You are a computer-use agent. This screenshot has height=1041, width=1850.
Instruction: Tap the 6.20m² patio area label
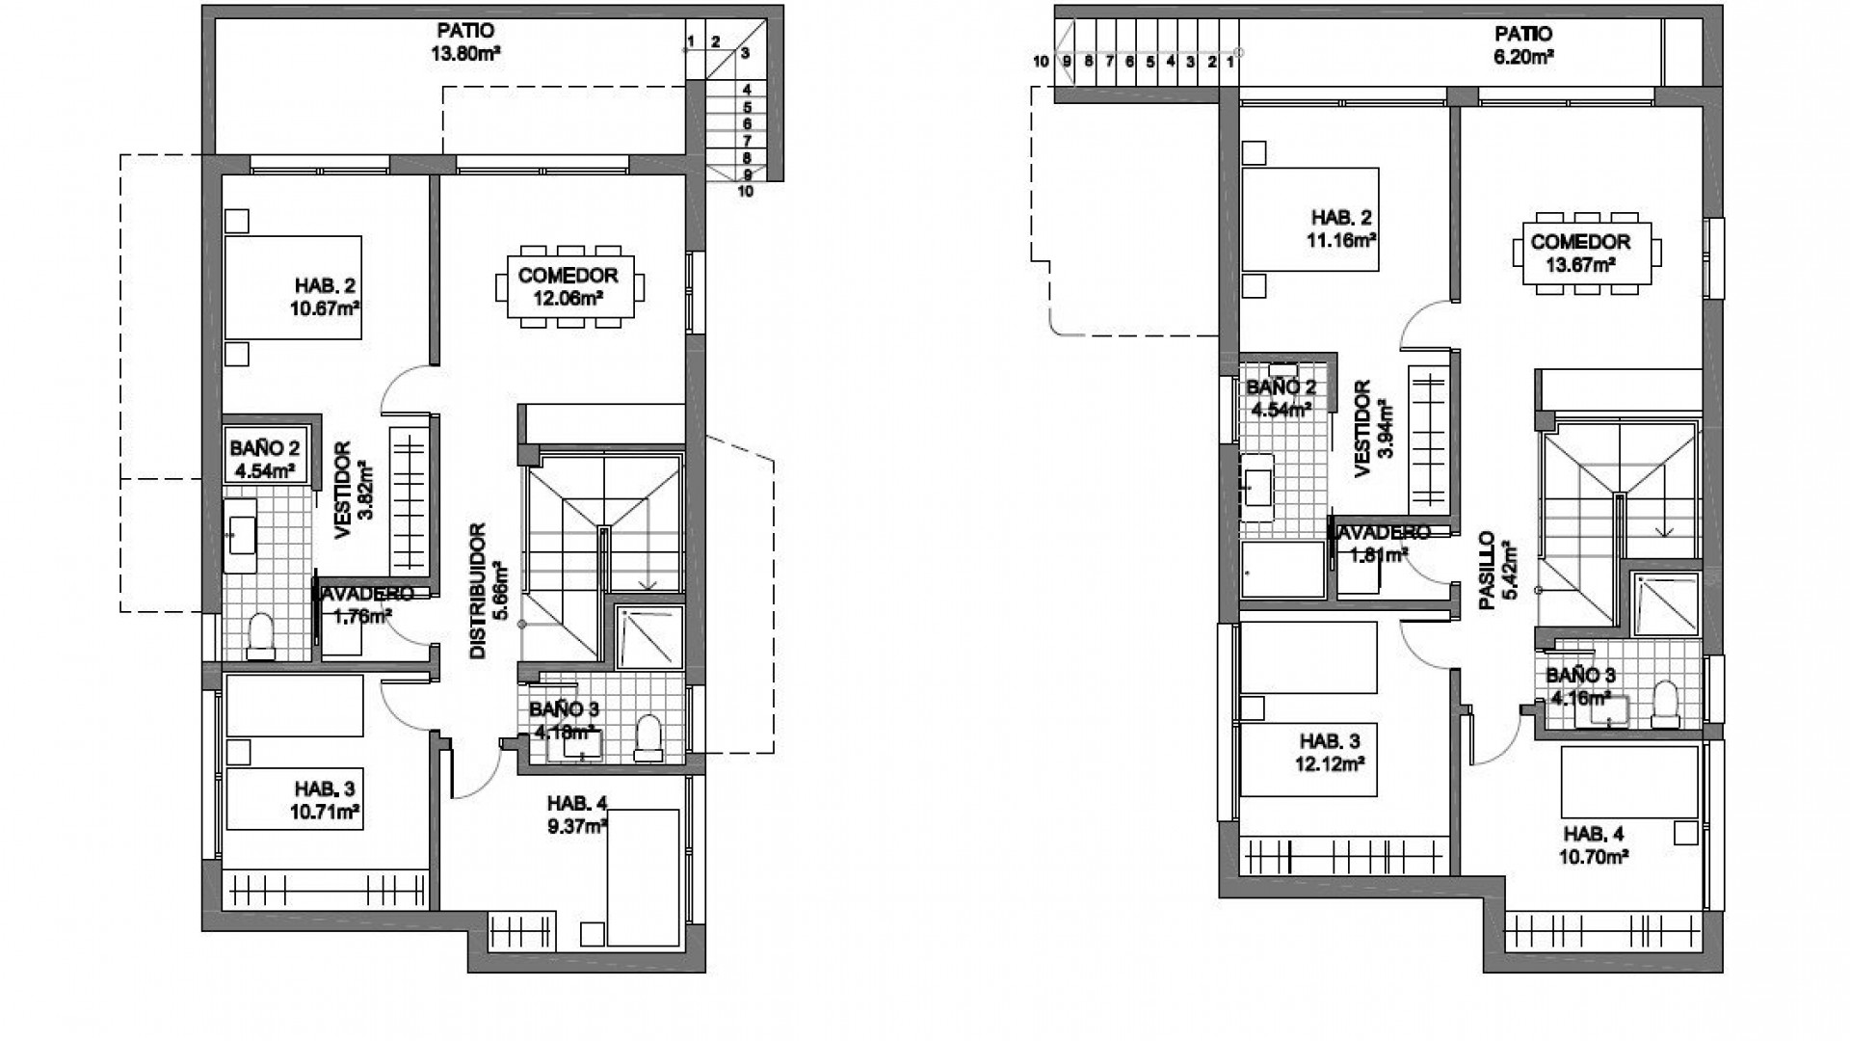pos(1518,57)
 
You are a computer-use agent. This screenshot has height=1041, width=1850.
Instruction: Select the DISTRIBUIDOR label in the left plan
pos(478,591)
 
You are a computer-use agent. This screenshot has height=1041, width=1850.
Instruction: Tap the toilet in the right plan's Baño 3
pos(1664,704)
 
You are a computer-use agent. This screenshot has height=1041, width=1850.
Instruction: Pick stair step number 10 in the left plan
pos(745,191)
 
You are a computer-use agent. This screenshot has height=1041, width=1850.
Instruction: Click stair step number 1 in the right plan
pos(1230,62)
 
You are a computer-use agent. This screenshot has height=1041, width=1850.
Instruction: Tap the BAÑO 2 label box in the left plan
pos(265,458)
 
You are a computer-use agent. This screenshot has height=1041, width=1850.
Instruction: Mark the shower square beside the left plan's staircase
pos(649,637)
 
